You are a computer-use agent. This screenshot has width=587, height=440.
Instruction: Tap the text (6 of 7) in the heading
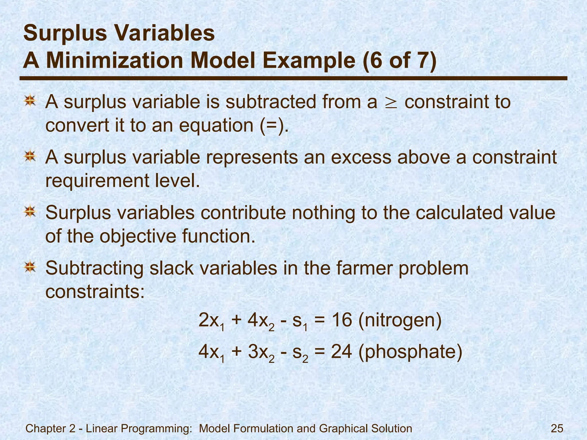(x=400, y=61)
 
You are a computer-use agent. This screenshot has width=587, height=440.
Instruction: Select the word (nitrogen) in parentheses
(x=400, y=321)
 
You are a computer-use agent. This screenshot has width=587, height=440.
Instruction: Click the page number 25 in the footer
(x=557, y=429)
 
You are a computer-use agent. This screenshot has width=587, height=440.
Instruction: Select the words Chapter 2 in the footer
(x=50, y=429)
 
